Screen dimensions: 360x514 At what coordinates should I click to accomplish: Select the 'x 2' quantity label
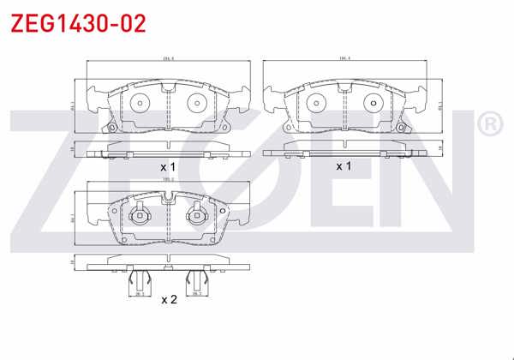click(169, 300)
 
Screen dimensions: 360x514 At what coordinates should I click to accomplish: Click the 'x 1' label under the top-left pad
click(168, 166)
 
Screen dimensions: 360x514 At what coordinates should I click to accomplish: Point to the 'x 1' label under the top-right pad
click(344, 166)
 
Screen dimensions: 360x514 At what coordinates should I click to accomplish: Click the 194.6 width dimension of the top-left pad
click(168, 59)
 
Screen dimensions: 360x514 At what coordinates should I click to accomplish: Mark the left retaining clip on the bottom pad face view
click(138, 214)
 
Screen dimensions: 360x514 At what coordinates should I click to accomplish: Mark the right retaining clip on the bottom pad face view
click(198, 214)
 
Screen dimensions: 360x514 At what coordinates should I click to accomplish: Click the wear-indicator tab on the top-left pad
click(108, 128)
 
